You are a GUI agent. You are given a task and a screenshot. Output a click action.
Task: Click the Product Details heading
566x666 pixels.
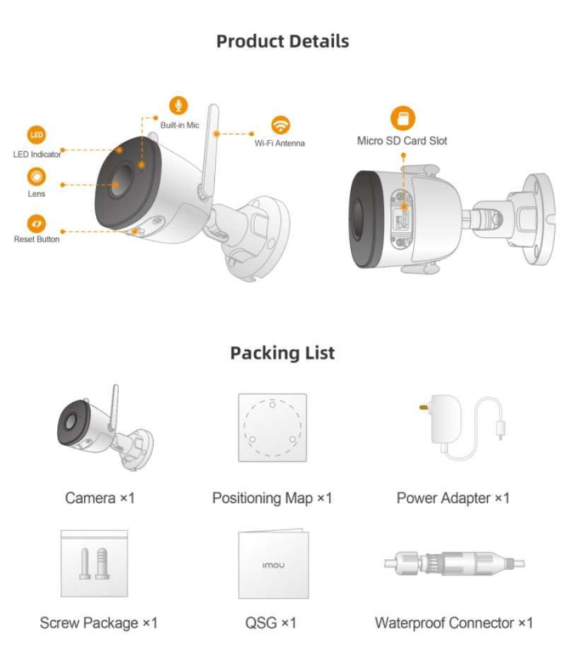coord(282,41)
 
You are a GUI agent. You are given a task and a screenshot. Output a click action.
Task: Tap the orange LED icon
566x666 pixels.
coord(37,135)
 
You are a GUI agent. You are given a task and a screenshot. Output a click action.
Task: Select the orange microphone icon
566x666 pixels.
coord(178,105)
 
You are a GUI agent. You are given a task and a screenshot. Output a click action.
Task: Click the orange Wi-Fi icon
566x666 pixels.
coord(281,124)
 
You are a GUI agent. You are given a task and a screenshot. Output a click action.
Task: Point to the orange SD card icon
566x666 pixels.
coord(403,117)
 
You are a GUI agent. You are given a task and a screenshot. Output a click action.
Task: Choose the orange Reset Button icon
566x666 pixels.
coord(37,223)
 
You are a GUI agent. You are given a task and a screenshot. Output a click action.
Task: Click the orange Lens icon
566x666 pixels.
coord(37,176)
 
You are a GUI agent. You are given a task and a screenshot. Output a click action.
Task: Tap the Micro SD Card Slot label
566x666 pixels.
coord(402,141)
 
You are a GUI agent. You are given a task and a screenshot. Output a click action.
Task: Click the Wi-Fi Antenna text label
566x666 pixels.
coord(279,144)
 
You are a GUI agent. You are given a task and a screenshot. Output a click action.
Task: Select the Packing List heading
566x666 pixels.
coord(282,352)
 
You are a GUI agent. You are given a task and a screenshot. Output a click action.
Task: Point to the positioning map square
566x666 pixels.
coord(272,427)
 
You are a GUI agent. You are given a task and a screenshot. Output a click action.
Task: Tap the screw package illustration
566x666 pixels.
coord(94,562)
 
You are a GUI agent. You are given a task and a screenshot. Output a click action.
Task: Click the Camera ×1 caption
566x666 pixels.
coord(100,498)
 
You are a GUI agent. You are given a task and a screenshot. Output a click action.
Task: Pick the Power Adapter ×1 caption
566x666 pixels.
coord(453,498)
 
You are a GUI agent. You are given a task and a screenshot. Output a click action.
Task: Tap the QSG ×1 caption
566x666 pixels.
coord(271,623)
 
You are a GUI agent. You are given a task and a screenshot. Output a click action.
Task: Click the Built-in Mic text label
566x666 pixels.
coord(180,125)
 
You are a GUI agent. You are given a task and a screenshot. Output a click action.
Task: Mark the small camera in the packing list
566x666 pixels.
coord(103,429)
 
